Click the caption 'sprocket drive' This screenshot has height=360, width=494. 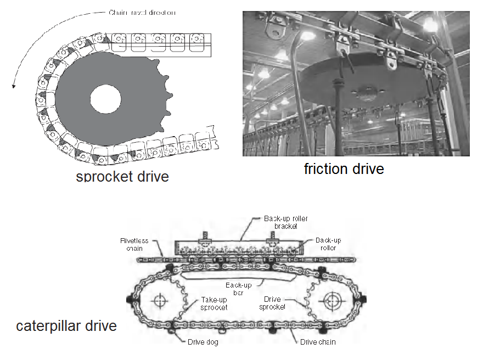tap(122, 176)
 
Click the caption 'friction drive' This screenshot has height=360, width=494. tap(344, 168)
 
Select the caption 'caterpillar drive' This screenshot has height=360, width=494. tap(66, 326)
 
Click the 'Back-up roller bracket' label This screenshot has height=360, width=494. tap(285, 222)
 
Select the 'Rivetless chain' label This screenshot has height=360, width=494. tap(134, 244)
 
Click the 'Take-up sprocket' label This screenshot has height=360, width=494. tap(214, 304)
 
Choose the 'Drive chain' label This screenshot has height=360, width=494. tap(318, 342)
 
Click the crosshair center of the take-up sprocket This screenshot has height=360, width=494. tap(160, 301)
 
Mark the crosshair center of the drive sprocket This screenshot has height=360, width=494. tap(332, 301)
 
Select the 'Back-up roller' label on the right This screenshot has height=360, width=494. tap(329, 244)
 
